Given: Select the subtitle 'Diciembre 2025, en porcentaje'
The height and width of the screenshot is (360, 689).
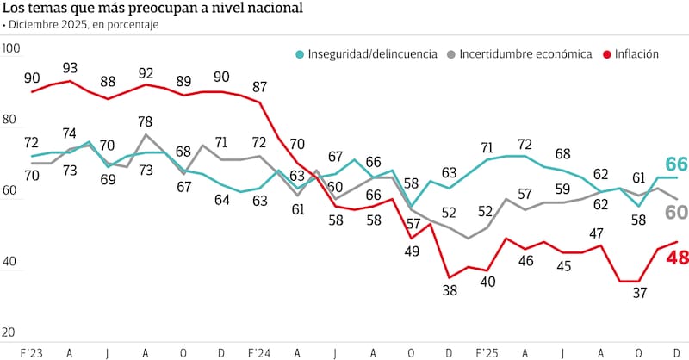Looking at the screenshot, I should [84, 25].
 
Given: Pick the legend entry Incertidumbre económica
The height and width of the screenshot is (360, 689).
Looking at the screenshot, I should [525, 53].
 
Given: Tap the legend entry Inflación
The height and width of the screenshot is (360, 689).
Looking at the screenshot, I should [636, 53].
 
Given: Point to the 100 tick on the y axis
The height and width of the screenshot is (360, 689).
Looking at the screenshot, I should [11, 50].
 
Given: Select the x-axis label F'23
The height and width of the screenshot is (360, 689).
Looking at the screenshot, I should [32, 353].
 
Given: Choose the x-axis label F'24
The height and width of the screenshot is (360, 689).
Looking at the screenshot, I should [259, 353].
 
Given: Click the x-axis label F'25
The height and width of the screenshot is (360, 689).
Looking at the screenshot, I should [487, 353].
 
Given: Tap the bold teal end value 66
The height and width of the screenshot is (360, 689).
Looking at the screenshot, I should [677, 164].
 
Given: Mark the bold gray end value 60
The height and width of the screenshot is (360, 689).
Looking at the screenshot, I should [677, 212].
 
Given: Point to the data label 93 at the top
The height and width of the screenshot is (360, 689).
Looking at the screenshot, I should [70, 67].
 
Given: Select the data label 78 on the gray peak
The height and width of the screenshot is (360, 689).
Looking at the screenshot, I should [146, 121].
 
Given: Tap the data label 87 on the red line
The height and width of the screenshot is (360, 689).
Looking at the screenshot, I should [259, 87].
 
